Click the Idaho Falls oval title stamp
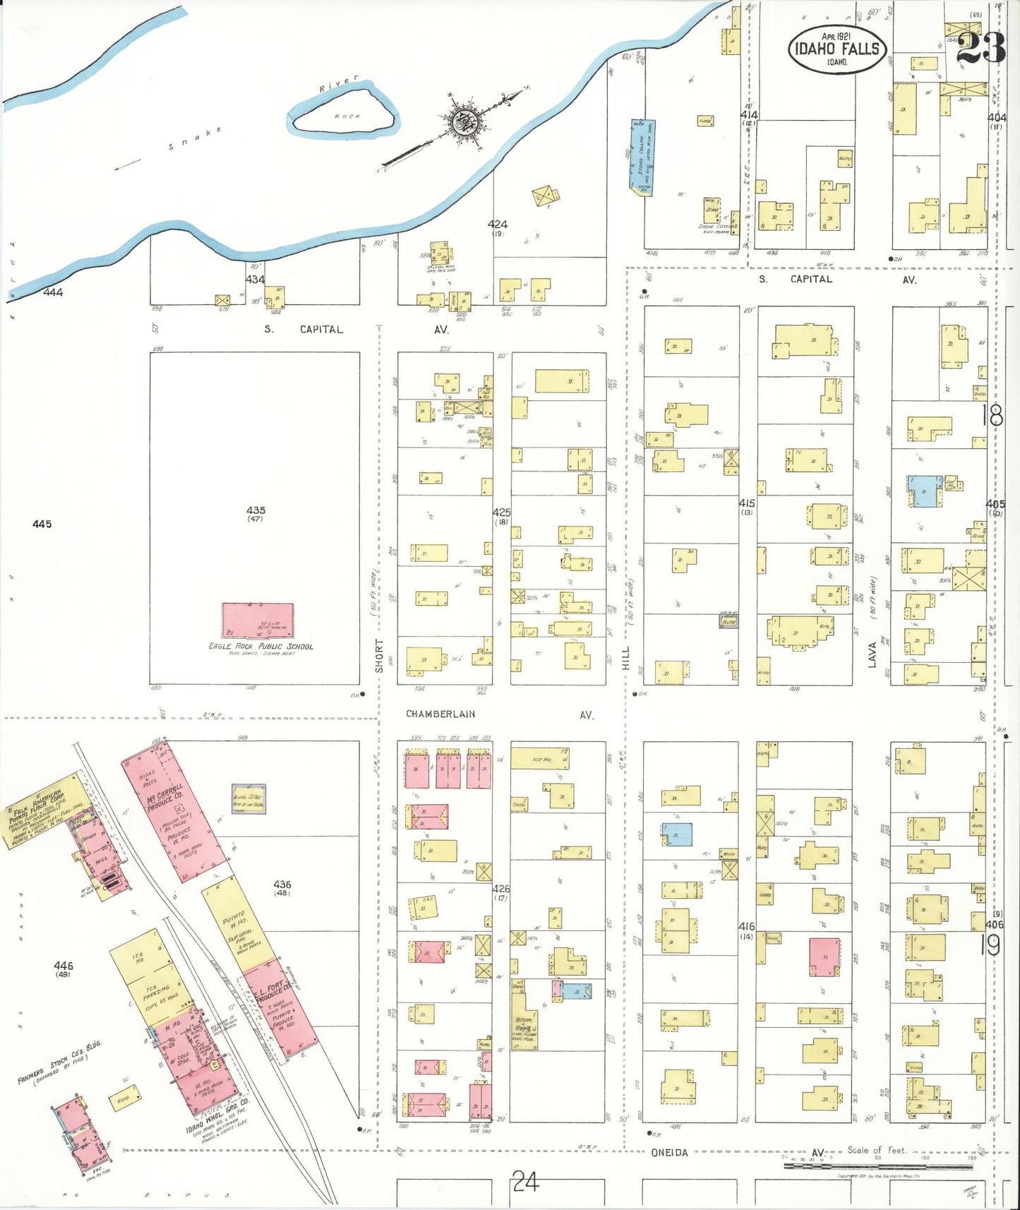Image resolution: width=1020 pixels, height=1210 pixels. point(837,49)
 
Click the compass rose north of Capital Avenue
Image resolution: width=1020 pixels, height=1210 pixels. point(466,121)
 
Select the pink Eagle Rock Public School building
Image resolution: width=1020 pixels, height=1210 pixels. point(258,621)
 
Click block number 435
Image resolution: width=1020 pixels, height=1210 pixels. point(256,510)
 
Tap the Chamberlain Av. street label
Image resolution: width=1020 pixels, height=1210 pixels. point(440,714)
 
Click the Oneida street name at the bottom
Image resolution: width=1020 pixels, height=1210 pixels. point(668,1152)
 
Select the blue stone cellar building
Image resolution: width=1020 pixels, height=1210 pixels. point(642,157)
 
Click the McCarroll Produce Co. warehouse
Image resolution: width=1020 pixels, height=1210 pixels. point(174,805)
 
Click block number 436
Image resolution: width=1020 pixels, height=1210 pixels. point(282,884)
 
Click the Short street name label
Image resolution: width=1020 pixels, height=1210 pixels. point(379,656)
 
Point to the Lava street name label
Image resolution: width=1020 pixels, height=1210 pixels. point(872,654)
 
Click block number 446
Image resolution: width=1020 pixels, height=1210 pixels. point(64,965)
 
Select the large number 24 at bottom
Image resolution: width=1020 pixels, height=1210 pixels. point(526,1181)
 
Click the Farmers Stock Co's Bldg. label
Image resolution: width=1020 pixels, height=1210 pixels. point(60,1065)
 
